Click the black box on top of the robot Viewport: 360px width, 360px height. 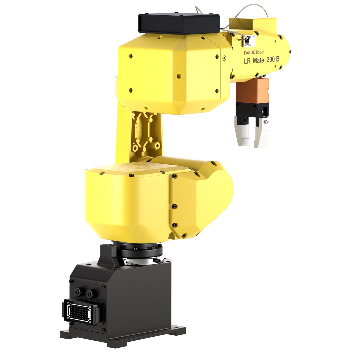[x=179, y=23]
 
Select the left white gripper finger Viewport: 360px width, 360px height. [x=243, y=132]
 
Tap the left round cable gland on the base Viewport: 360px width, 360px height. [x=78, y=292]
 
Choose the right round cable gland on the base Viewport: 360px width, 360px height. [x=89, y=294]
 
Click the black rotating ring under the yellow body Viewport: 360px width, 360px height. [x=140, y=249]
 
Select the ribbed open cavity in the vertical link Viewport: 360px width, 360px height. [x=144, y=132]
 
